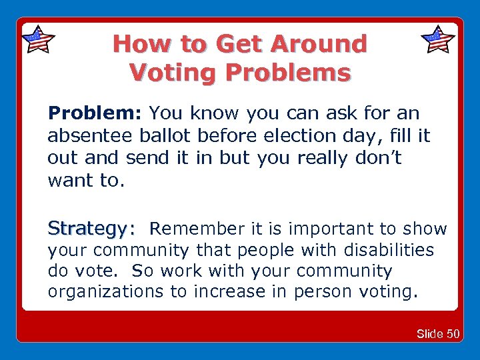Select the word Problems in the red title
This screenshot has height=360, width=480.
point(287,72)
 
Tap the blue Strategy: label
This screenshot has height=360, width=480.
point(91,229)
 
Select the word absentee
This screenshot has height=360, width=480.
point(91,137)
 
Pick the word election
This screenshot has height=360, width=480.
point(307,137)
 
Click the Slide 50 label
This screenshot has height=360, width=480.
point(438,333)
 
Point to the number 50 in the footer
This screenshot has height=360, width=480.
point(453,333)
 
